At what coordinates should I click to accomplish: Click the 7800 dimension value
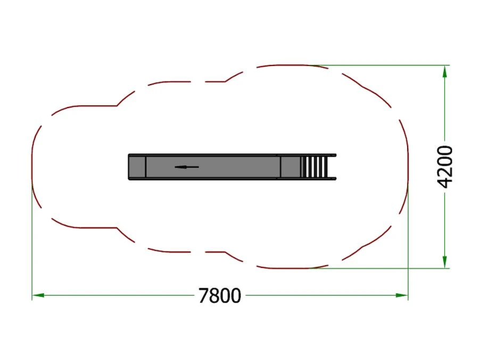(220, 296)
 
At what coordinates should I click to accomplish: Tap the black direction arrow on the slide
(187, 167)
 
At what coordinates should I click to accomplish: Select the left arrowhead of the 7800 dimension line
(38, 295)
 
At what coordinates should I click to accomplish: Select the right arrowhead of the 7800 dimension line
(402, 295)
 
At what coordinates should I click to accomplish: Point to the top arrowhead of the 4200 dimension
(445, 72)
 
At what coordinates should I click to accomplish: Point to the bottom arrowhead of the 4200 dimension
(445, 262)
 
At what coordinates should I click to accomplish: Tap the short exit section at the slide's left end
(137, 167)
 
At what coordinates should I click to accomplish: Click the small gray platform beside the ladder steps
(290, 167)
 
